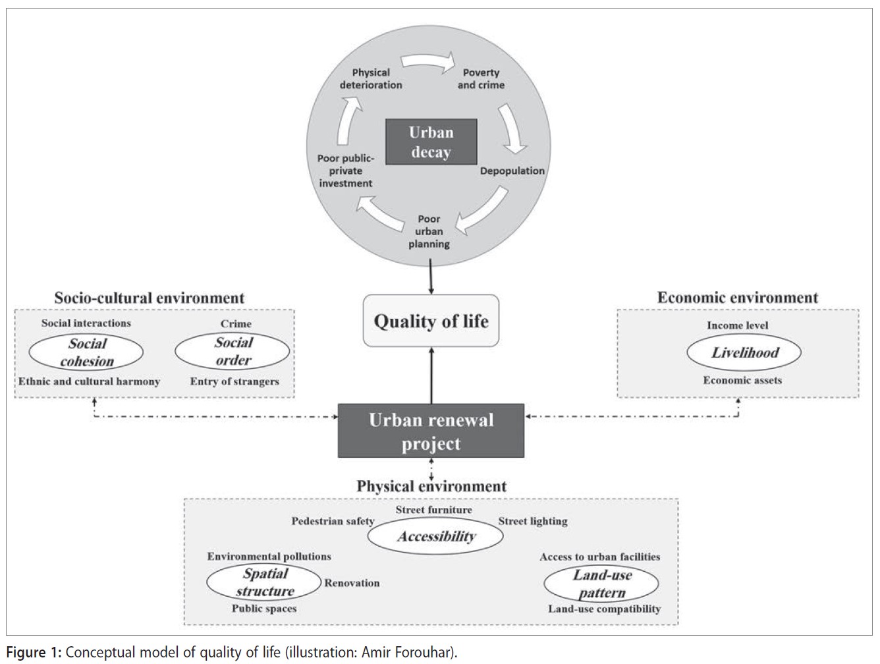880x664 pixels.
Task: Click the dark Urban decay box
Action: coord(431,142)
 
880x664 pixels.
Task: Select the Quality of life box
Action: coord(431,320)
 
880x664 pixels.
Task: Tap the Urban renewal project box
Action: coord(431,431)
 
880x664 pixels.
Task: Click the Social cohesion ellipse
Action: coord(86,352)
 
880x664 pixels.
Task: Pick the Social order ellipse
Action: coord(233,351)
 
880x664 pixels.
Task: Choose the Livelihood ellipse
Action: coord(744,352)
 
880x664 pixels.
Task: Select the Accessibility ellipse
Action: coord(435,536)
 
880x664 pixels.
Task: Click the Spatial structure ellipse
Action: coord(263,582)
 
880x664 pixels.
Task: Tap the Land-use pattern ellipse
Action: coord(601,584)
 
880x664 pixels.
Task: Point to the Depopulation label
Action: coord(512,171)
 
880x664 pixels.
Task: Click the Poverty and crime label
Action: coord(481,78)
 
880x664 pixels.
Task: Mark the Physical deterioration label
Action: coord(371,78)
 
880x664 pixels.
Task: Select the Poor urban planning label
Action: coord(429,231)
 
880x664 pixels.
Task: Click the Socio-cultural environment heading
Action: coord(149,298)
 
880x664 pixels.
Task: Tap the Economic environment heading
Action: coord(738,298)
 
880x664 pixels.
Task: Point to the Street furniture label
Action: coord(434,510)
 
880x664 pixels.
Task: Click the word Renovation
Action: coord(352,583)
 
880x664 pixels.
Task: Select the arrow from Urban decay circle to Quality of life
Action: coord(431,276)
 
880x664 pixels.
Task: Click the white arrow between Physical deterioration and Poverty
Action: coord(428,62)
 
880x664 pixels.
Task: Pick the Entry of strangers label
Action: coord(234,381)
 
